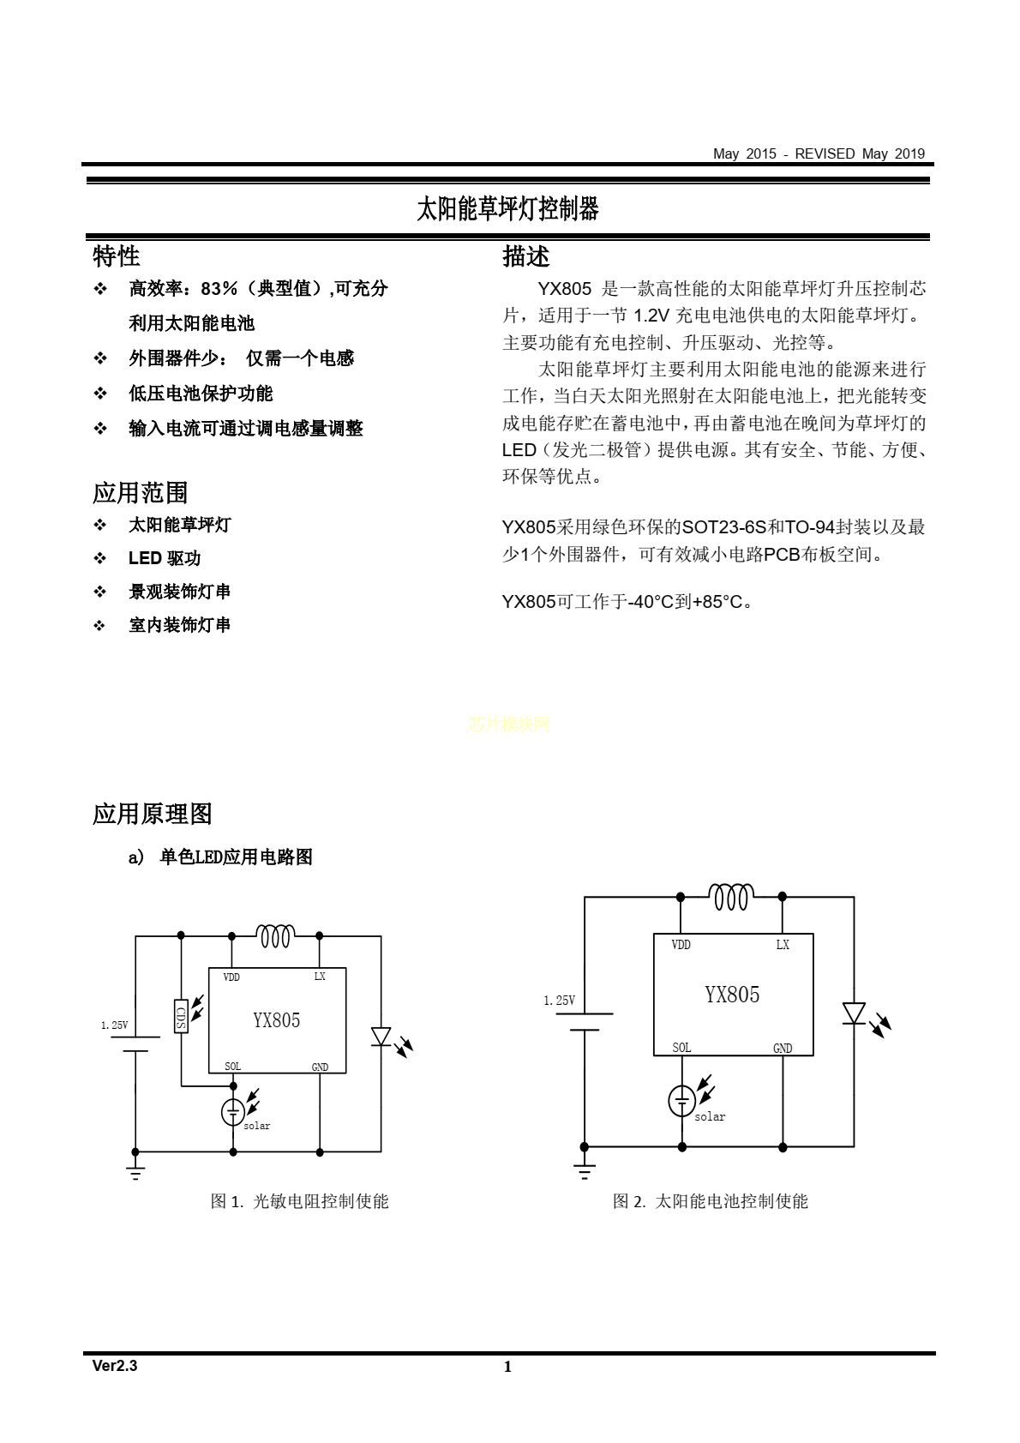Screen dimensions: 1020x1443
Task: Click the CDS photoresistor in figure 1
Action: point(181,1016)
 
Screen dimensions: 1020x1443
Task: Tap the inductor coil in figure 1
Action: point(276,936)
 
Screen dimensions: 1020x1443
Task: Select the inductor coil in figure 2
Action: point(731,897)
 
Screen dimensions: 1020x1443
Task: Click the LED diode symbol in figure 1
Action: point(381,1037)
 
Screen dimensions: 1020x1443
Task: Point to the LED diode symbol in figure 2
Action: point(854,1013)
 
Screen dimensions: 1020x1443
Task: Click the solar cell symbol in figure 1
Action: point(233,1111)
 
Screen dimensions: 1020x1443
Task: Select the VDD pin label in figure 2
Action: point(681,944)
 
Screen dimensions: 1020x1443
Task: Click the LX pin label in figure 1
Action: point(320,977)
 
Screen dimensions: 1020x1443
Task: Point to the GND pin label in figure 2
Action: point(783,1049)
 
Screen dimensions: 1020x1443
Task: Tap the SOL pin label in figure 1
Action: point(232,1067)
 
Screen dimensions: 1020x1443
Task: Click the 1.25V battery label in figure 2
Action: point(559,1001)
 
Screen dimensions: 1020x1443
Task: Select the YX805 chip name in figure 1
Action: point(276,1020)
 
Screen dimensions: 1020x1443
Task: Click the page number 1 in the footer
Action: point(507,1367)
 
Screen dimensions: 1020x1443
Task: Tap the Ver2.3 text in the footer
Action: point(115,1366)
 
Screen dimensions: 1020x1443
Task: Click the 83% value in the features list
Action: point(219,289)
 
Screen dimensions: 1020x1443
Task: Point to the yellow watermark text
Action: point(509,725)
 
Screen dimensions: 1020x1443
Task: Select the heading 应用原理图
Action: point(152,814)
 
